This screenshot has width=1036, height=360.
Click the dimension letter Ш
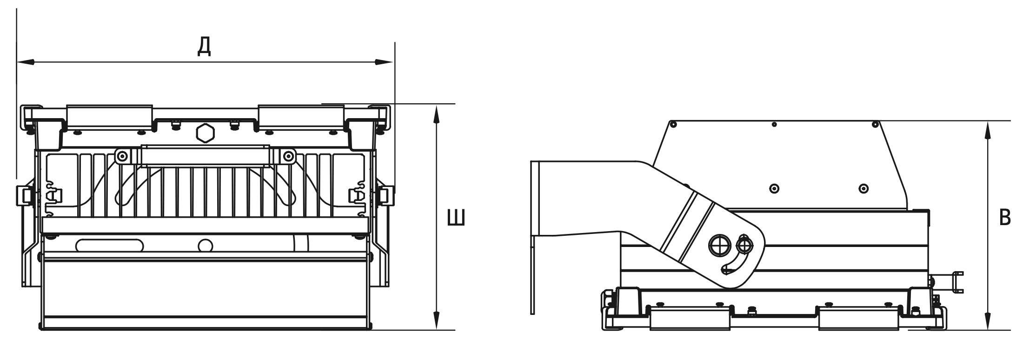456,218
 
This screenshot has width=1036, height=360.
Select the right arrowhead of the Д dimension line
385,61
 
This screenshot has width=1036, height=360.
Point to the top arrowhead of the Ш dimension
436,113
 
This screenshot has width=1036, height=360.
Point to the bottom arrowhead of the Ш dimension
436,320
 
